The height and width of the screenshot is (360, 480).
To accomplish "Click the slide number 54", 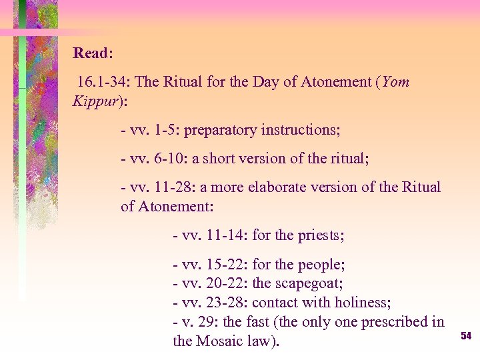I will [x=466, y=336].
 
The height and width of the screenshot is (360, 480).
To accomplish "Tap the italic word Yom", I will [x=396, y=83].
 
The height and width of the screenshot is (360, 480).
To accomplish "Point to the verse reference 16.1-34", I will [x=104, y=83].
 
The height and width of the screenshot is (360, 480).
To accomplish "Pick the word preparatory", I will [x=219, y=129].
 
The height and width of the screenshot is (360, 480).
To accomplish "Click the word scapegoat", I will [x=307, y=283].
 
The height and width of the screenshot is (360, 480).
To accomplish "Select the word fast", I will [x=261, y=322].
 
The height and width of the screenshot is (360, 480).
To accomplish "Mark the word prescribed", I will [x=395, y=322].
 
